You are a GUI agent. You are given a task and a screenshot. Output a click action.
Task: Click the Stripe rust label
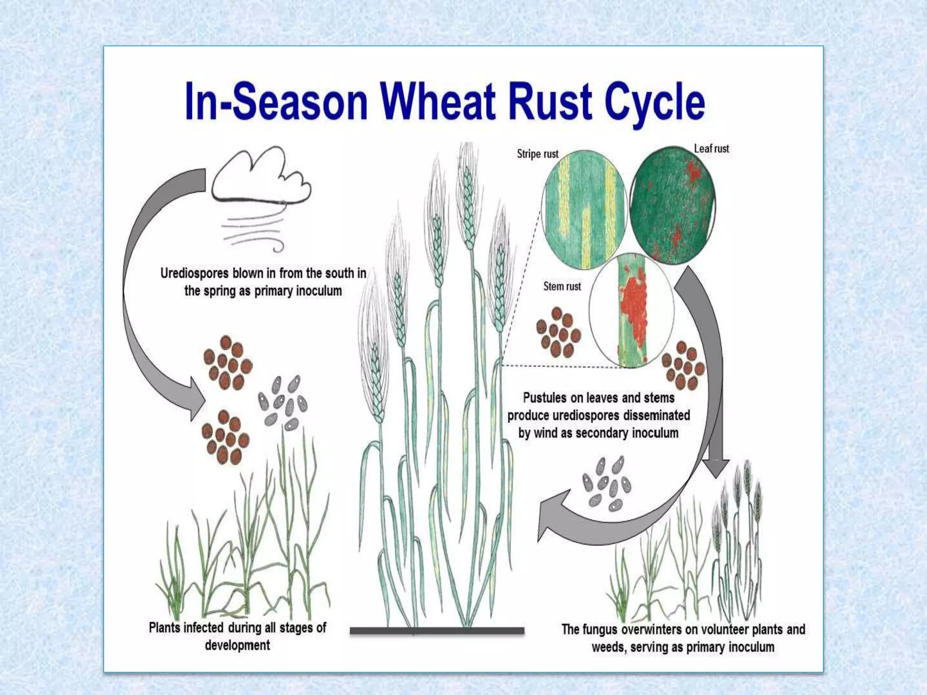(537, 154)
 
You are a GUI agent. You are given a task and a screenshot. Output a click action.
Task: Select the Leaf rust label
(711, 149)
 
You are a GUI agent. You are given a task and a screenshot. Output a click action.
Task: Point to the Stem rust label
(562, 286)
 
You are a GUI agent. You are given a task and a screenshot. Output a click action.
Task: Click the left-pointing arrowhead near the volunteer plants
(550, 516)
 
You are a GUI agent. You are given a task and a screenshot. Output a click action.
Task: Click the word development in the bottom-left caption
(237, 645)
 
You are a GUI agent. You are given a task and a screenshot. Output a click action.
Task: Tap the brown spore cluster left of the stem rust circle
(558, 332)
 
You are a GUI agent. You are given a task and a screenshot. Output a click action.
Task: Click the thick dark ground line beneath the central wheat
(437, 630)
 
